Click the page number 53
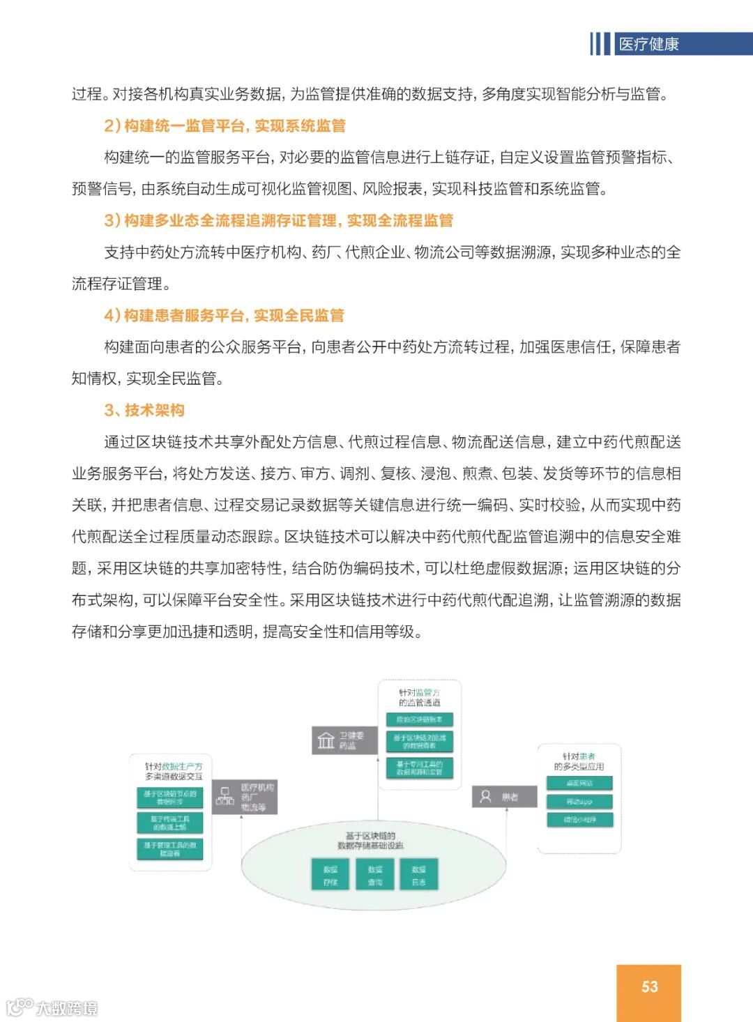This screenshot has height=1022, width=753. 649,986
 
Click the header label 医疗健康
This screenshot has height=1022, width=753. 648,45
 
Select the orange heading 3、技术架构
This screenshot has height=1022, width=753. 144,410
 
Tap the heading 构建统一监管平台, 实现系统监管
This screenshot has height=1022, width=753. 234,125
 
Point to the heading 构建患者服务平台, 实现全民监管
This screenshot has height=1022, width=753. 234,315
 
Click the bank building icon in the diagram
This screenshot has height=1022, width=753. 326,740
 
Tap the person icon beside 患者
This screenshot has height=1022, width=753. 486,796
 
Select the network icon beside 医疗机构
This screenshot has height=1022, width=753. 225,796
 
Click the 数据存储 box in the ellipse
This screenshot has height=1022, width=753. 330,876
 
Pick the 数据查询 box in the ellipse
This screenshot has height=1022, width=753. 375,876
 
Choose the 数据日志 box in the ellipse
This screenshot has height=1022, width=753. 419,876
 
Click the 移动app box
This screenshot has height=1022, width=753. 579,802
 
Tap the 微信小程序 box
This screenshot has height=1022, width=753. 579,820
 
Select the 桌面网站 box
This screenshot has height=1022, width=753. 579,784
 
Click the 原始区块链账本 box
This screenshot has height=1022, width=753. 419,719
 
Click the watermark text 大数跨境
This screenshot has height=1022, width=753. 66,1008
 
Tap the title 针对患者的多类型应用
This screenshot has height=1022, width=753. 579,761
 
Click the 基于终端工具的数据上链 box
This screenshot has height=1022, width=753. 170,823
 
